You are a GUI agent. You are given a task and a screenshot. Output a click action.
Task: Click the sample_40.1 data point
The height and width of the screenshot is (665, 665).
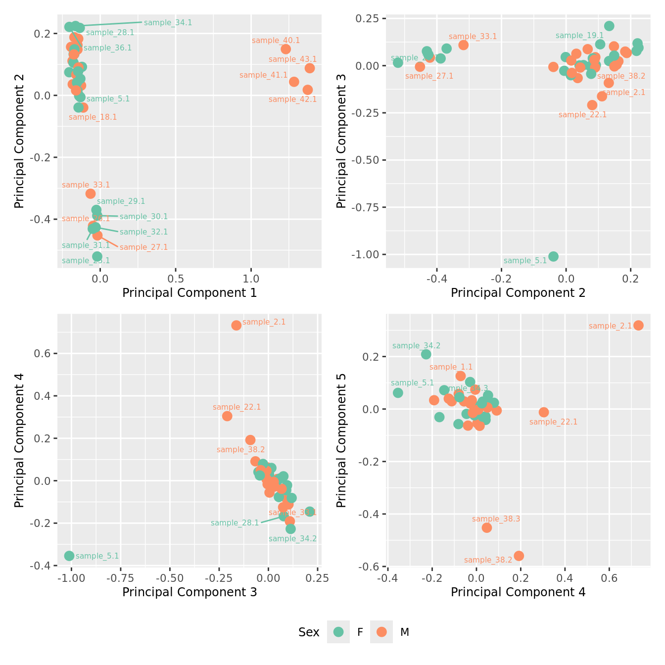(x=285, y=49)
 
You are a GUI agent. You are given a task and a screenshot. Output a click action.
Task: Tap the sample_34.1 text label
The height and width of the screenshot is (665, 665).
(x=168, y=23)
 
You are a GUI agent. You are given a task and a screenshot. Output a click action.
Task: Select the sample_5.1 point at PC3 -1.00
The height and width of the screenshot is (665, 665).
(x=69, y=556)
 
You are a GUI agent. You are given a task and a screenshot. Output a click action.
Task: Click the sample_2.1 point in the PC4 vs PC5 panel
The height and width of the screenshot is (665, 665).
(x=638, y=325)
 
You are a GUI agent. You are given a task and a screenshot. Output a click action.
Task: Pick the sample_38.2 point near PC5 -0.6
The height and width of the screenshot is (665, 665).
(x=519, y=556)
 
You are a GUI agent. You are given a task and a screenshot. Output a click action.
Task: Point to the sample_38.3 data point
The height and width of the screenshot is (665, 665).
(x=487, y=527)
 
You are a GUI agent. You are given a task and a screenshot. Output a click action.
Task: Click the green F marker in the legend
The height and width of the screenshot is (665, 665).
(x=338, y=632)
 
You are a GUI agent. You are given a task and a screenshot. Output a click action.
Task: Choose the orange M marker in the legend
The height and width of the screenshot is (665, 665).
(x=381, y=632)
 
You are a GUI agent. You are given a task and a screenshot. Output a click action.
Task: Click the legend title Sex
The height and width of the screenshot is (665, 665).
(x=309, y=632)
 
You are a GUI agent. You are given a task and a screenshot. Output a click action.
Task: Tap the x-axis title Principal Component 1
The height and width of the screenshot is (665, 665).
(x=190, y=293)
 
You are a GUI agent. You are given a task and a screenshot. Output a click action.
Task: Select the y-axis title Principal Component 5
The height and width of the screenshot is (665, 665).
(x=341, y=440)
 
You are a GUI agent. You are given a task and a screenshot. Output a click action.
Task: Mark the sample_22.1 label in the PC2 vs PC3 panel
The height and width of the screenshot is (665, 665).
(x=582, y=115)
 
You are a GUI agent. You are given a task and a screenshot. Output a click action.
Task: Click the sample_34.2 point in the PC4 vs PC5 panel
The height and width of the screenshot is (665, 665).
(x=426, y=354)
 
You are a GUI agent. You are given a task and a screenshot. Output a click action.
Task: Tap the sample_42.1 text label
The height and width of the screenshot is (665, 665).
(x=292, y=99)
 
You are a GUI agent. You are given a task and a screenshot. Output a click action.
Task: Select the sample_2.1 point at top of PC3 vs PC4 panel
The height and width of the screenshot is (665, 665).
(x=237, y=325)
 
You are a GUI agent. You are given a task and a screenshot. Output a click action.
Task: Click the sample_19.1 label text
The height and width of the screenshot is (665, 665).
(x=579, y=36)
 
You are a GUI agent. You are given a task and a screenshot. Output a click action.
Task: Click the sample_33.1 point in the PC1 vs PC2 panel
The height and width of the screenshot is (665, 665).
(x=91, y=193)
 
